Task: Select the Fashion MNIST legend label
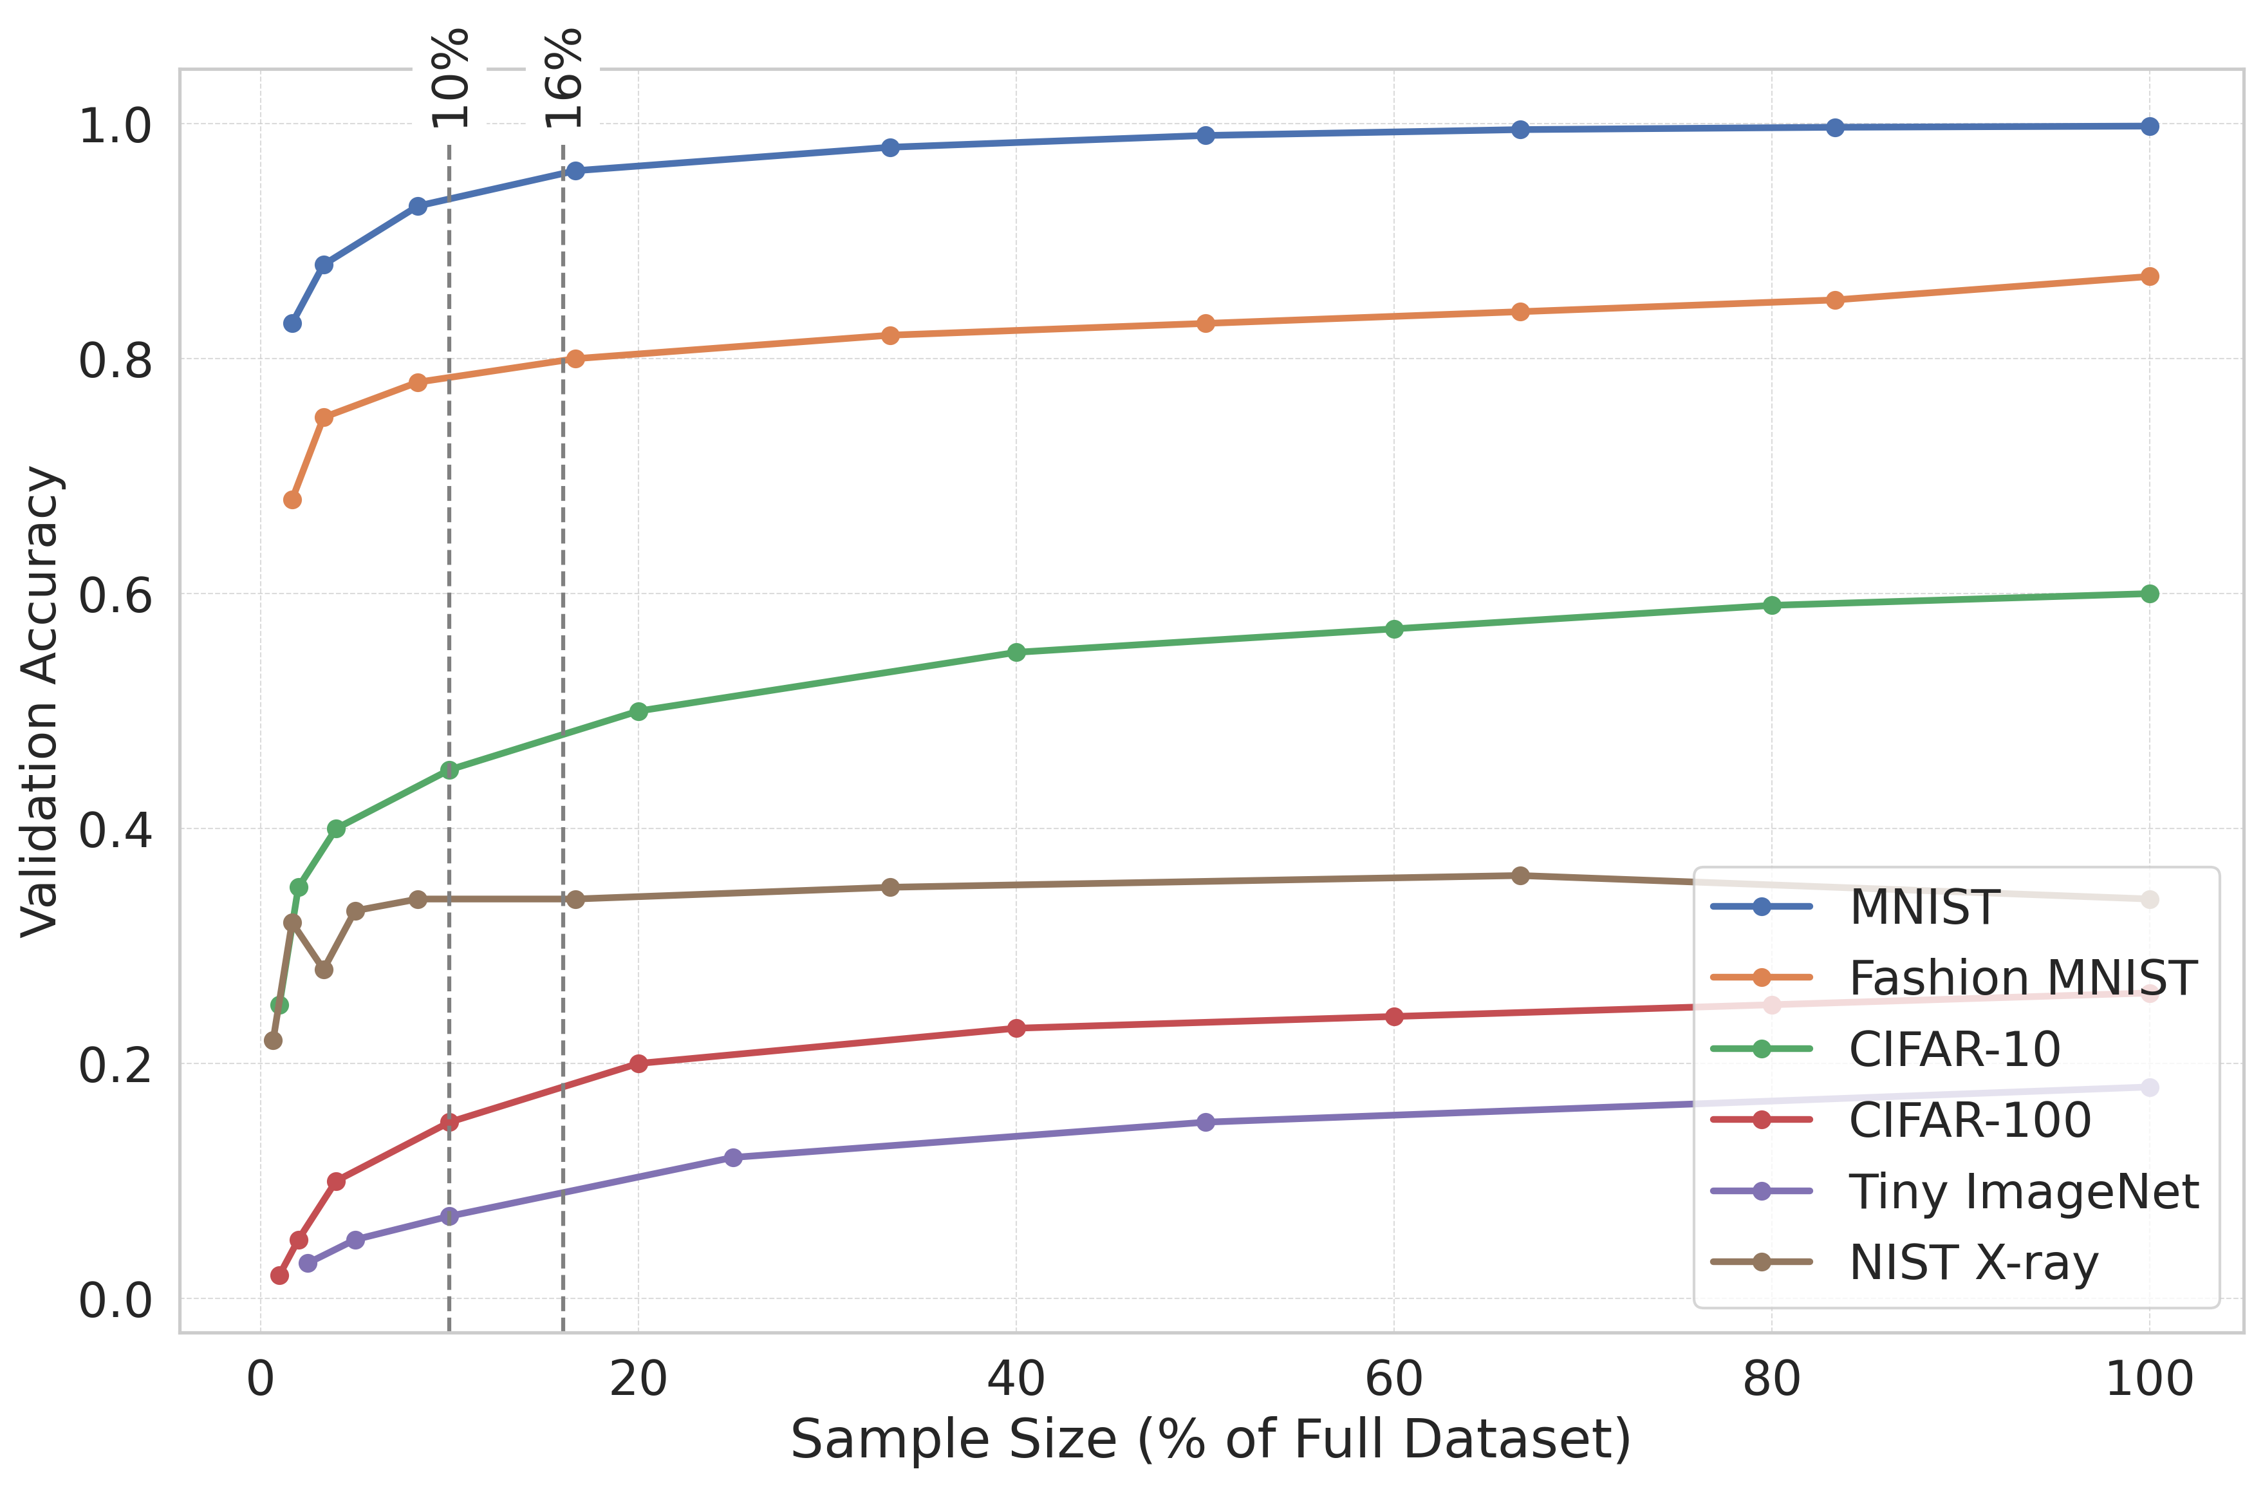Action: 2022,978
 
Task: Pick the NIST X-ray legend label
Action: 1973,1262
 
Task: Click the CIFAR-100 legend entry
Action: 1970,1120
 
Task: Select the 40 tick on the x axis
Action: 1016,1379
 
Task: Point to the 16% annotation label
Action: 563,78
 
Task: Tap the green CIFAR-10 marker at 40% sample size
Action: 1016,652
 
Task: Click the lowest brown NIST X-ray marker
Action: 273,1040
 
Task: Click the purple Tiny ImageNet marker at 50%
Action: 1205,1122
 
